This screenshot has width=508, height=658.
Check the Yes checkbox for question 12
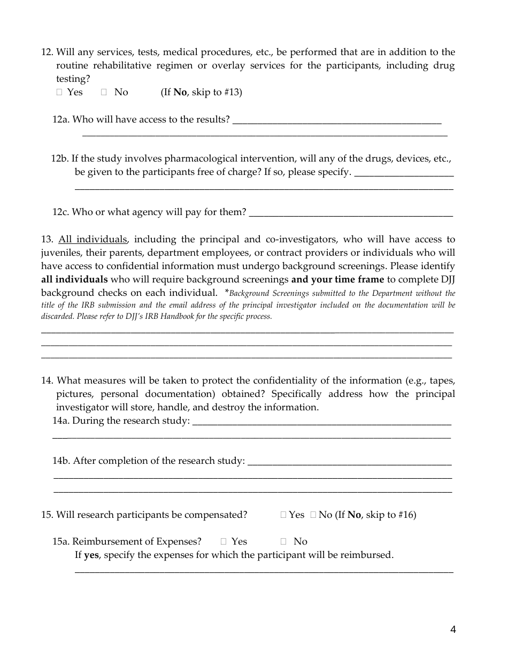[x=59, y=93]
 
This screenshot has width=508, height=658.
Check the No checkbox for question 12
[x=104, y=93]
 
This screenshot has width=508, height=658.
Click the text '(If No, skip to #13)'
[x=201, y=92]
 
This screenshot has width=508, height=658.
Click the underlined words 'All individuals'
[x=93, y=239]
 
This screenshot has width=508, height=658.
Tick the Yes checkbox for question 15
[x=283, y=515]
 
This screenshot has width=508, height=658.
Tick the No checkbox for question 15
[x=313, y=515]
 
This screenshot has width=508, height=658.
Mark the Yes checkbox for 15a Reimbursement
[x=224, y=542]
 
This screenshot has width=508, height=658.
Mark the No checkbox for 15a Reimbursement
[x=283, y=542]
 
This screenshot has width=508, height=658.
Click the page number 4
[x=453, y=630]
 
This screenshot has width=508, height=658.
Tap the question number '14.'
[x=47, y=381]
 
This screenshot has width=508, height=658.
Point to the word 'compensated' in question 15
[x=215, y=515]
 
